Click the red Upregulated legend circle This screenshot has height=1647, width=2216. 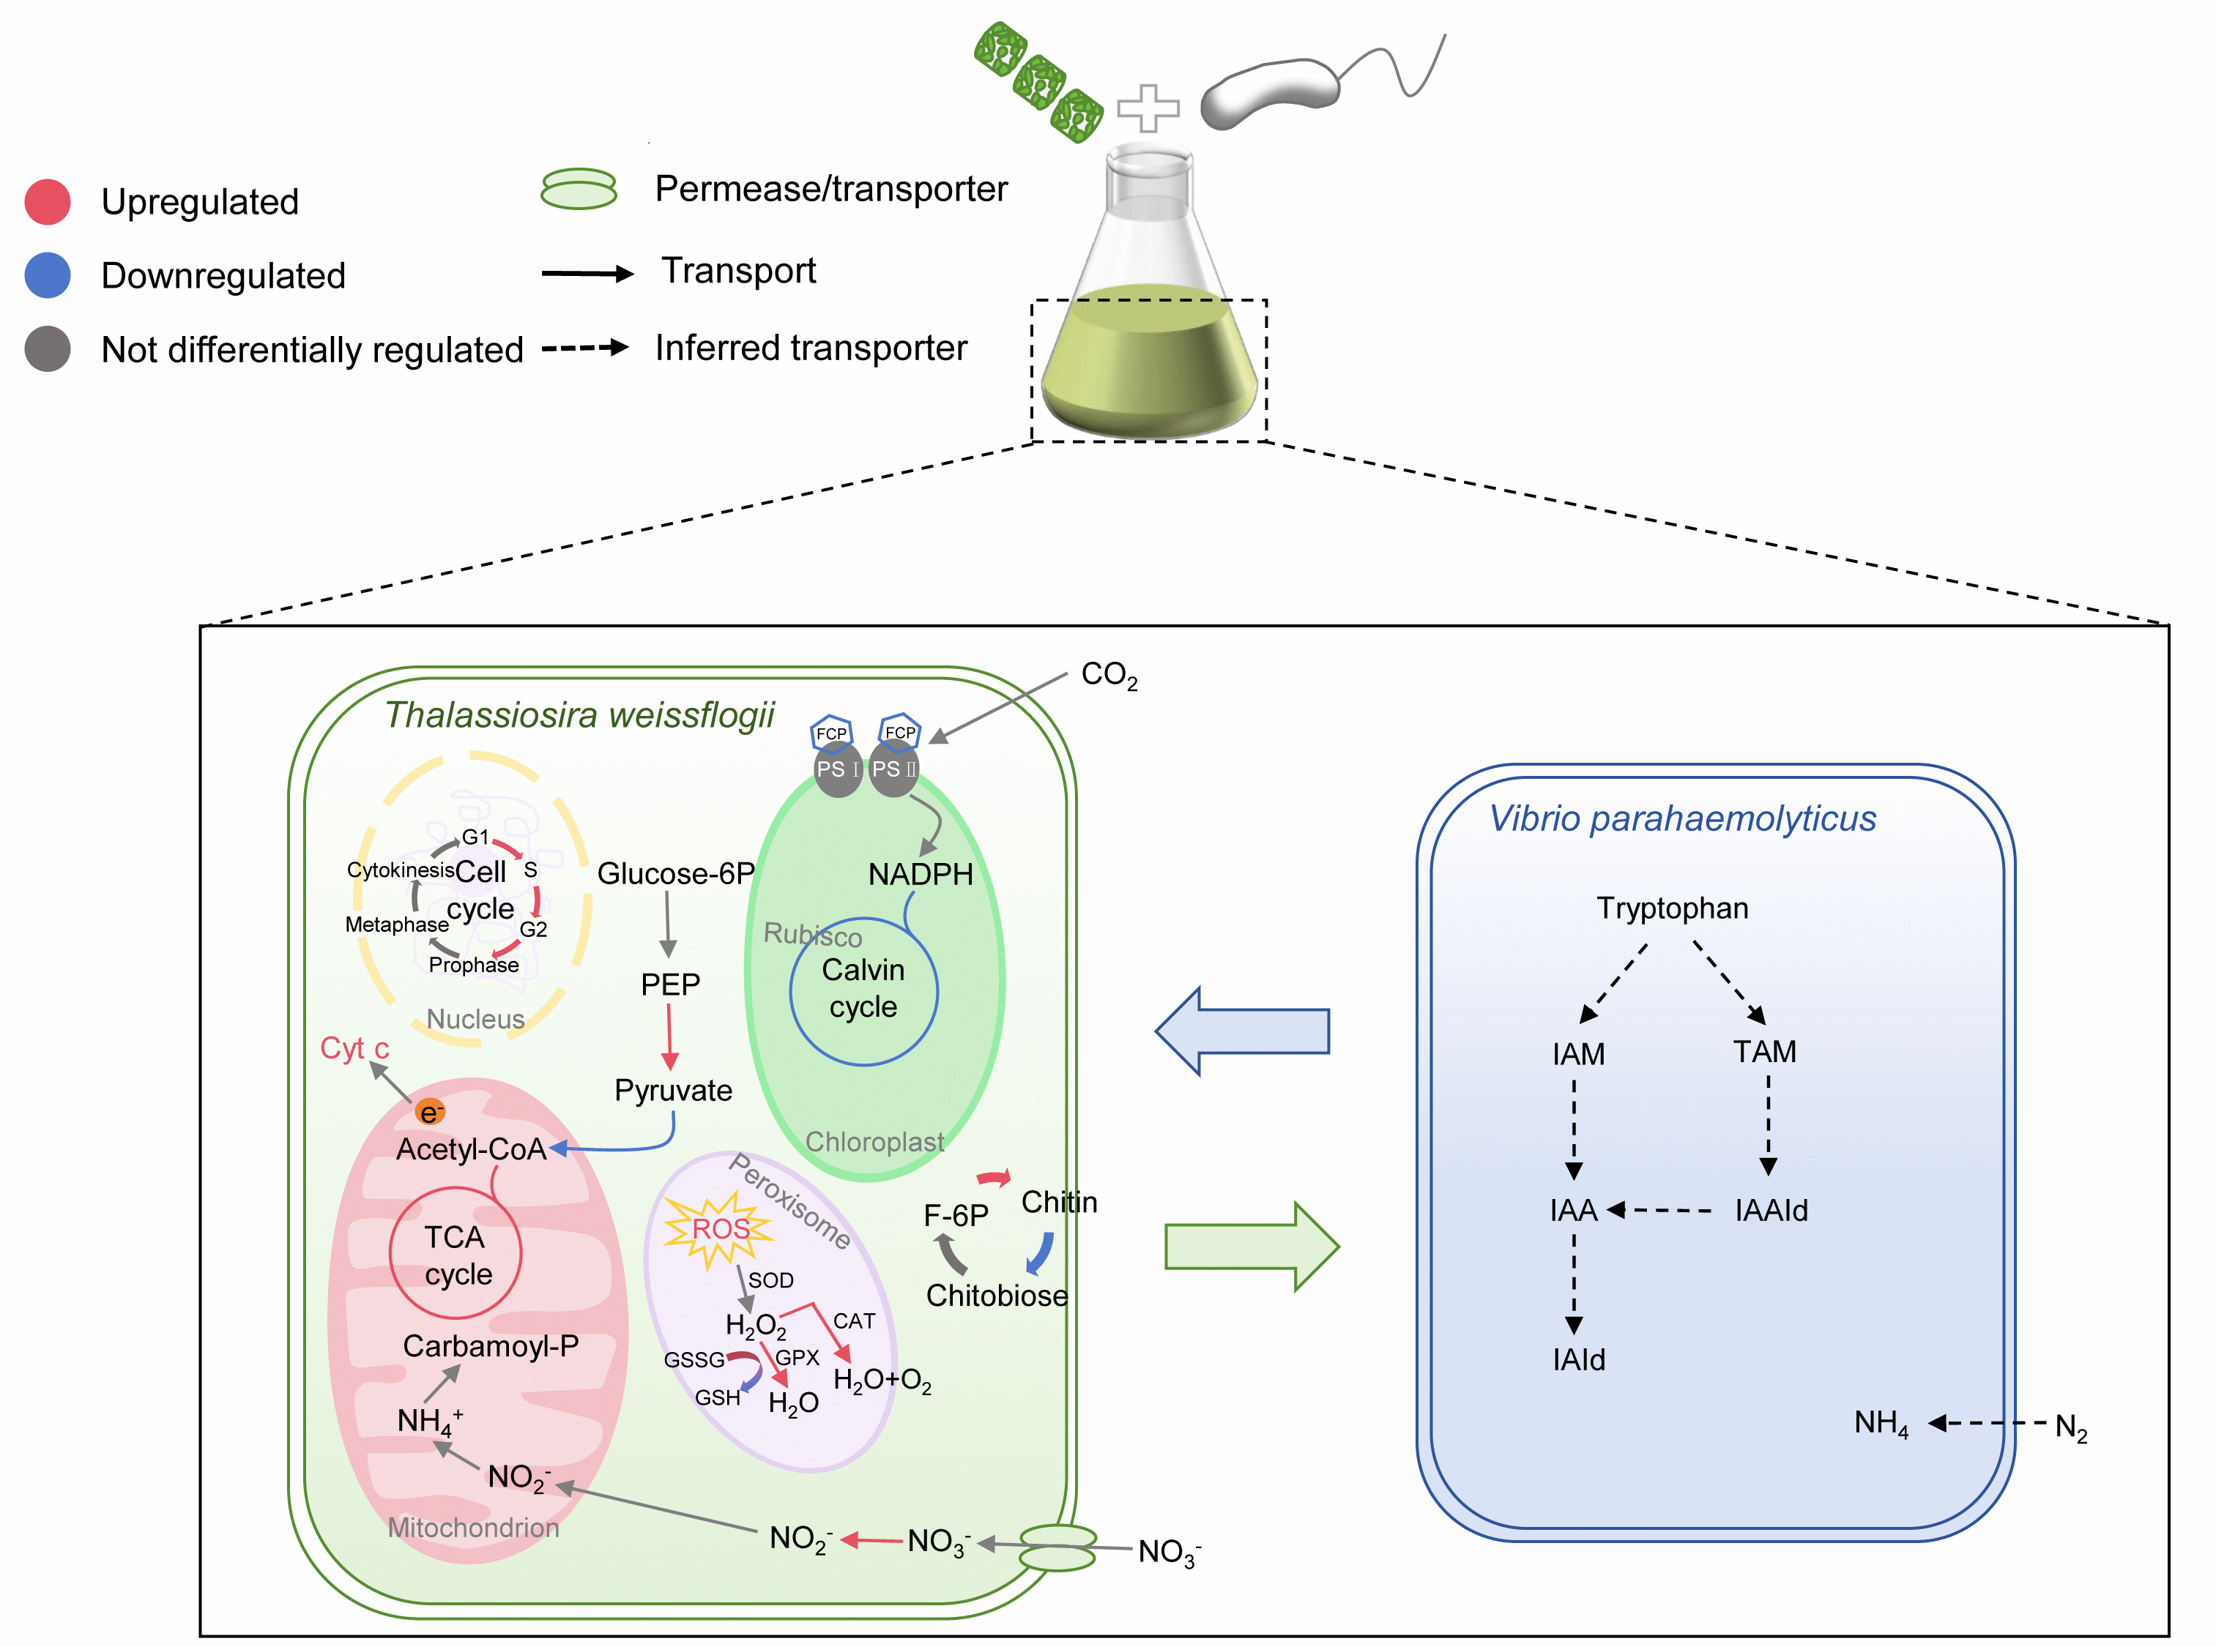point(47,201)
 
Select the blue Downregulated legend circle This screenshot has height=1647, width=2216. point(47,275)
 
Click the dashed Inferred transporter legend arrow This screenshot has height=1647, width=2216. point(585,348)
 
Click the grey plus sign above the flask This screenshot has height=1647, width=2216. point(1148,108)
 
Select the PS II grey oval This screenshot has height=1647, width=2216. point(893,769)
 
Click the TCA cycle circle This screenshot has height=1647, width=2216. point(456,1253)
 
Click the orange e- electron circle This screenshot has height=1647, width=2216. point(430,1113)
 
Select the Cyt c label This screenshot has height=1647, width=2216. point(354,1049)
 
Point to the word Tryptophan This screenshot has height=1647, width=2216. point(1673,908)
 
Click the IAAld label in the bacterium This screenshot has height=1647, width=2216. point(1771,1210)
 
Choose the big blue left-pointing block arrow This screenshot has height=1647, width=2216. point(1243,1031)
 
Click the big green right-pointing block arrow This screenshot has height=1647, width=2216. point(1252,1246)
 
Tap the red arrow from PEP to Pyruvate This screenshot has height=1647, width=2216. point(669,1037)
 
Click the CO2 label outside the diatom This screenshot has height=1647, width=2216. point(1109,676)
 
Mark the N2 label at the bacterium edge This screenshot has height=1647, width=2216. point(2070,1427)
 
